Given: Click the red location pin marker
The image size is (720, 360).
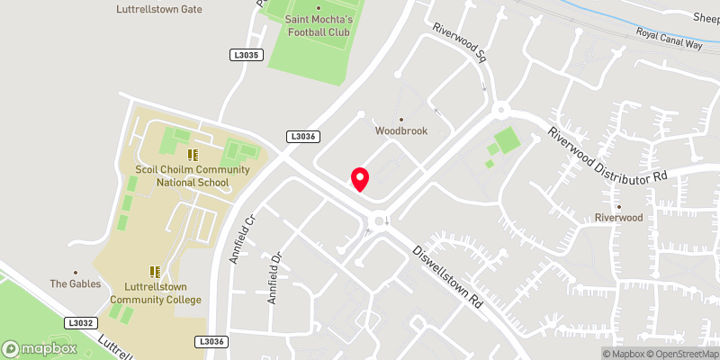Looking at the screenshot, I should pyautogui.click(x=360, y=179).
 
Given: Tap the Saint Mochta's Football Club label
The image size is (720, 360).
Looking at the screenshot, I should pyautogui.click(x=318, y=25).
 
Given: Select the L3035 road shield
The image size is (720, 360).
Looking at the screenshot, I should pyautogui.click(x=245, y=55).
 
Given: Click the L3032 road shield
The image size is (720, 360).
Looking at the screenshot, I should pyautogui.click(x=80, y=321).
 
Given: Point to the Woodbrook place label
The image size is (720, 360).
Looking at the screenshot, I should pyautogui.click(x=401, y=130).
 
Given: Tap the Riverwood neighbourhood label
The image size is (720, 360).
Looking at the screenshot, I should pyautogui.click(x=618, y=218).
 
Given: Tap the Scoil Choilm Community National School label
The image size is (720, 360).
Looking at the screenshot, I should pyautogui.click(x=181, y=175).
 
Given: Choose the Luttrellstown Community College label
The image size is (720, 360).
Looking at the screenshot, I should pyautogui.click(x=156, y=292).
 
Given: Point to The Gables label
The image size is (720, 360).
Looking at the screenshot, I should pyautogui.click(x=75, y=283).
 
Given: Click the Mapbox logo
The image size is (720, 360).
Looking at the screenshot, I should pyautogui.click(x=40, y=348).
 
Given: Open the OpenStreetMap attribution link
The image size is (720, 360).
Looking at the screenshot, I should pyautogui.click(x=683, y=354).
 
